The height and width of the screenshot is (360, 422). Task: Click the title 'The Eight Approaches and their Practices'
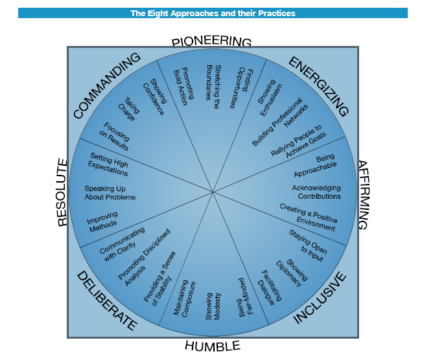coord(213,13)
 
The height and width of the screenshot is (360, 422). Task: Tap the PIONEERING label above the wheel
coord(212,41)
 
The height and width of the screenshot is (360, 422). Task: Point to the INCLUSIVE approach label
coord(320,298)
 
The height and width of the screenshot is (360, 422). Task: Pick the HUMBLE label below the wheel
coord(212,346)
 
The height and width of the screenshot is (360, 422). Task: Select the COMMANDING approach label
coord(107,85)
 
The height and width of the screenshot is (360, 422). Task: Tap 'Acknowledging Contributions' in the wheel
coord(316,192)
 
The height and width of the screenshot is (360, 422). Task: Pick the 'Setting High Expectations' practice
coord(109,165)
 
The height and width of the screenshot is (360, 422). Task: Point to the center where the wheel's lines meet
coord(212,192)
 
